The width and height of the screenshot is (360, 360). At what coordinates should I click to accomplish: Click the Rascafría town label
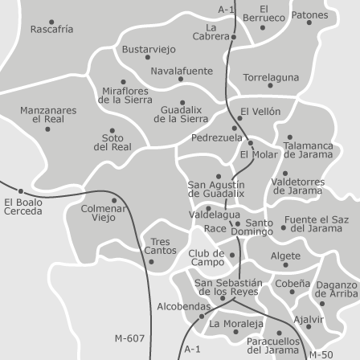click(51, 30)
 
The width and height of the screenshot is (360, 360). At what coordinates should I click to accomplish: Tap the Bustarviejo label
click(149, 49)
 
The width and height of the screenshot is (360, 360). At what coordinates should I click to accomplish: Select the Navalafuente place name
click(182, 71)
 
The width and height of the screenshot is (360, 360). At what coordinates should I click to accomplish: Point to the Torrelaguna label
click(271, 78)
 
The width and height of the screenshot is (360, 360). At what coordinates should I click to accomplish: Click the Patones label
click(309, 15)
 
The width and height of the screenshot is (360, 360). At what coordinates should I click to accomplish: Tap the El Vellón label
click(260, 112)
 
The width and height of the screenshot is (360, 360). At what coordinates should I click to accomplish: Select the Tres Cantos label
click(160, 246)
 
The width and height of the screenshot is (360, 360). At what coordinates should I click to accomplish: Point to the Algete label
click(285, 256)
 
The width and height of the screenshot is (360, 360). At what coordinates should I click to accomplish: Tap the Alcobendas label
click(183, 306)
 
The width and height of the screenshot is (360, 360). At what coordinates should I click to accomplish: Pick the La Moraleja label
click(236, 325)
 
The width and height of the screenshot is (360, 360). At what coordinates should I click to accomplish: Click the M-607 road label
click(129, 338)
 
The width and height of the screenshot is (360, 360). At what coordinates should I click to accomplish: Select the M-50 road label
click(321, 354)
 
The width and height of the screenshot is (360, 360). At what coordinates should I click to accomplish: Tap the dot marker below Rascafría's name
click(51, 22)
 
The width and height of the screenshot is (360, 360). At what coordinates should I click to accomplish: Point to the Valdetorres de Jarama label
click(297, 186)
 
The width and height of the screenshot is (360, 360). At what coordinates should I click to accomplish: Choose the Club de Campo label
click(207, 257)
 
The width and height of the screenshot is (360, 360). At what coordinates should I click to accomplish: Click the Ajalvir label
click(309, 319)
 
